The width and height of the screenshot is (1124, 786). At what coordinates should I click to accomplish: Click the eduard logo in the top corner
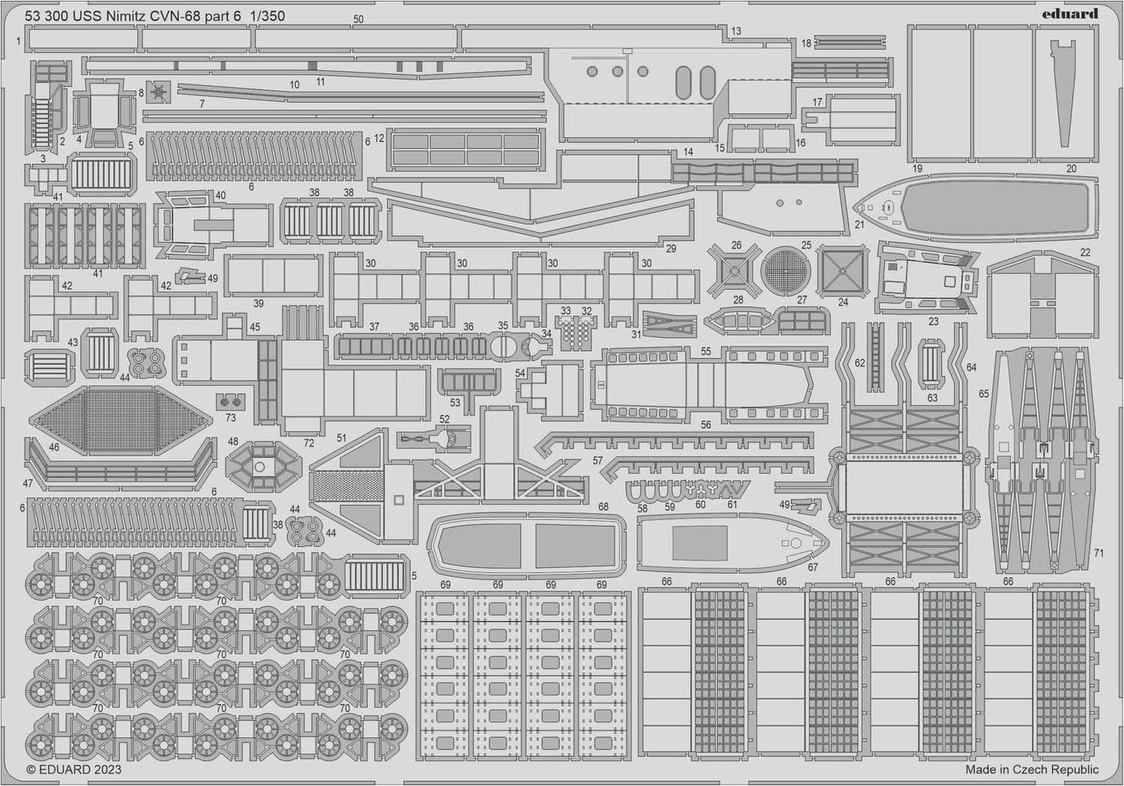tap(1075, 13)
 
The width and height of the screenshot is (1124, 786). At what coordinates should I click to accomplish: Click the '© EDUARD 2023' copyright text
tap(73, 770)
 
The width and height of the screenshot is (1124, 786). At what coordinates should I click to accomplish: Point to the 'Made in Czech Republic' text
tap(1031, 770)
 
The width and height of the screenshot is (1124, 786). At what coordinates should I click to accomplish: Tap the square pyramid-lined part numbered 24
tap(842, 270)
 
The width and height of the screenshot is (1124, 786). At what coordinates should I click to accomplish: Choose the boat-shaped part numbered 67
tap(731, 542)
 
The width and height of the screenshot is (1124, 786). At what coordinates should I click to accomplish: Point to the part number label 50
tap(358, 19)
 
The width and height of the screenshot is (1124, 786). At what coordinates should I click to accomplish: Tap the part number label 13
tap(737, 31)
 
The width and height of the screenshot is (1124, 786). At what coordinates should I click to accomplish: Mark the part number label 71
tap(1099, 553)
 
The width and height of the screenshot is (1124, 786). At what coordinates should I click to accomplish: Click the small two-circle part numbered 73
tap(230, 401)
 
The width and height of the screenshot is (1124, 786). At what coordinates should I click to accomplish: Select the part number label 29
tap(671, 248)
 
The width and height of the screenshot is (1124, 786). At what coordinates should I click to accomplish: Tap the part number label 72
tap(309, 444)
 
